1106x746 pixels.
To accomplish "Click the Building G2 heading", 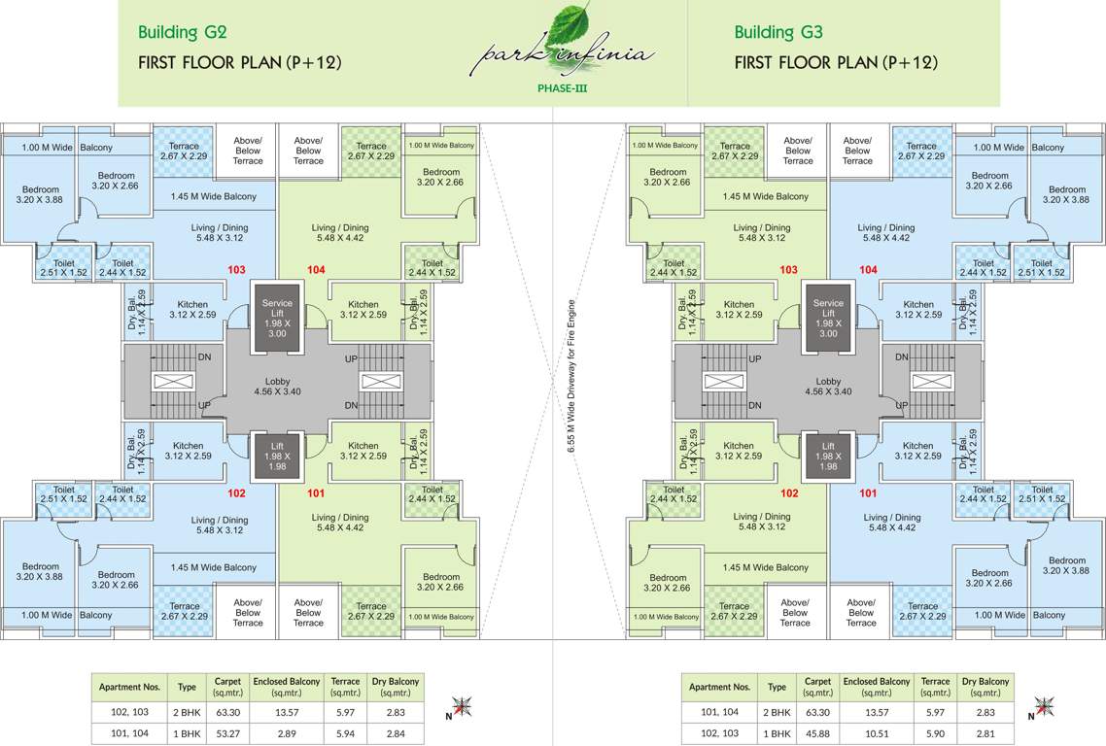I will [183, 32].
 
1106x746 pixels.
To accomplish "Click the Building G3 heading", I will [778, 32].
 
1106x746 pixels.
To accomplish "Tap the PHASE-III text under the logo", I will [563, 88].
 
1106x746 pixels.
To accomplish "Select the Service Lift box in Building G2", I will [277, 317].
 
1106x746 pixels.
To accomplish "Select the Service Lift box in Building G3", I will [828, 317].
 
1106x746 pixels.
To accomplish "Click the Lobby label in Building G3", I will [828, 387].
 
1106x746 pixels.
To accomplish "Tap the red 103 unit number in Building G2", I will [236, 269].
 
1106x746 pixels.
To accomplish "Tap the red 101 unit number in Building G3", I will [868, 492].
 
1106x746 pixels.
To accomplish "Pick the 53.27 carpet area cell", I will [226, 732].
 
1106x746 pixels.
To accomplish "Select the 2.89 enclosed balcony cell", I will [287, 732].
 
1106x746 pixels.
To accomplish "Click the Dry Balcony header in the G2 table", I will [396, 687].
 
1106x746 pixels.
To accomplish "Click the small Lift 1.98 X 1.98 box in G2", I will [277, 455].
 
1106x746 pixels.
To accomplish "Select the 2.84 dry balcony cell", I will [396, 732].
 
